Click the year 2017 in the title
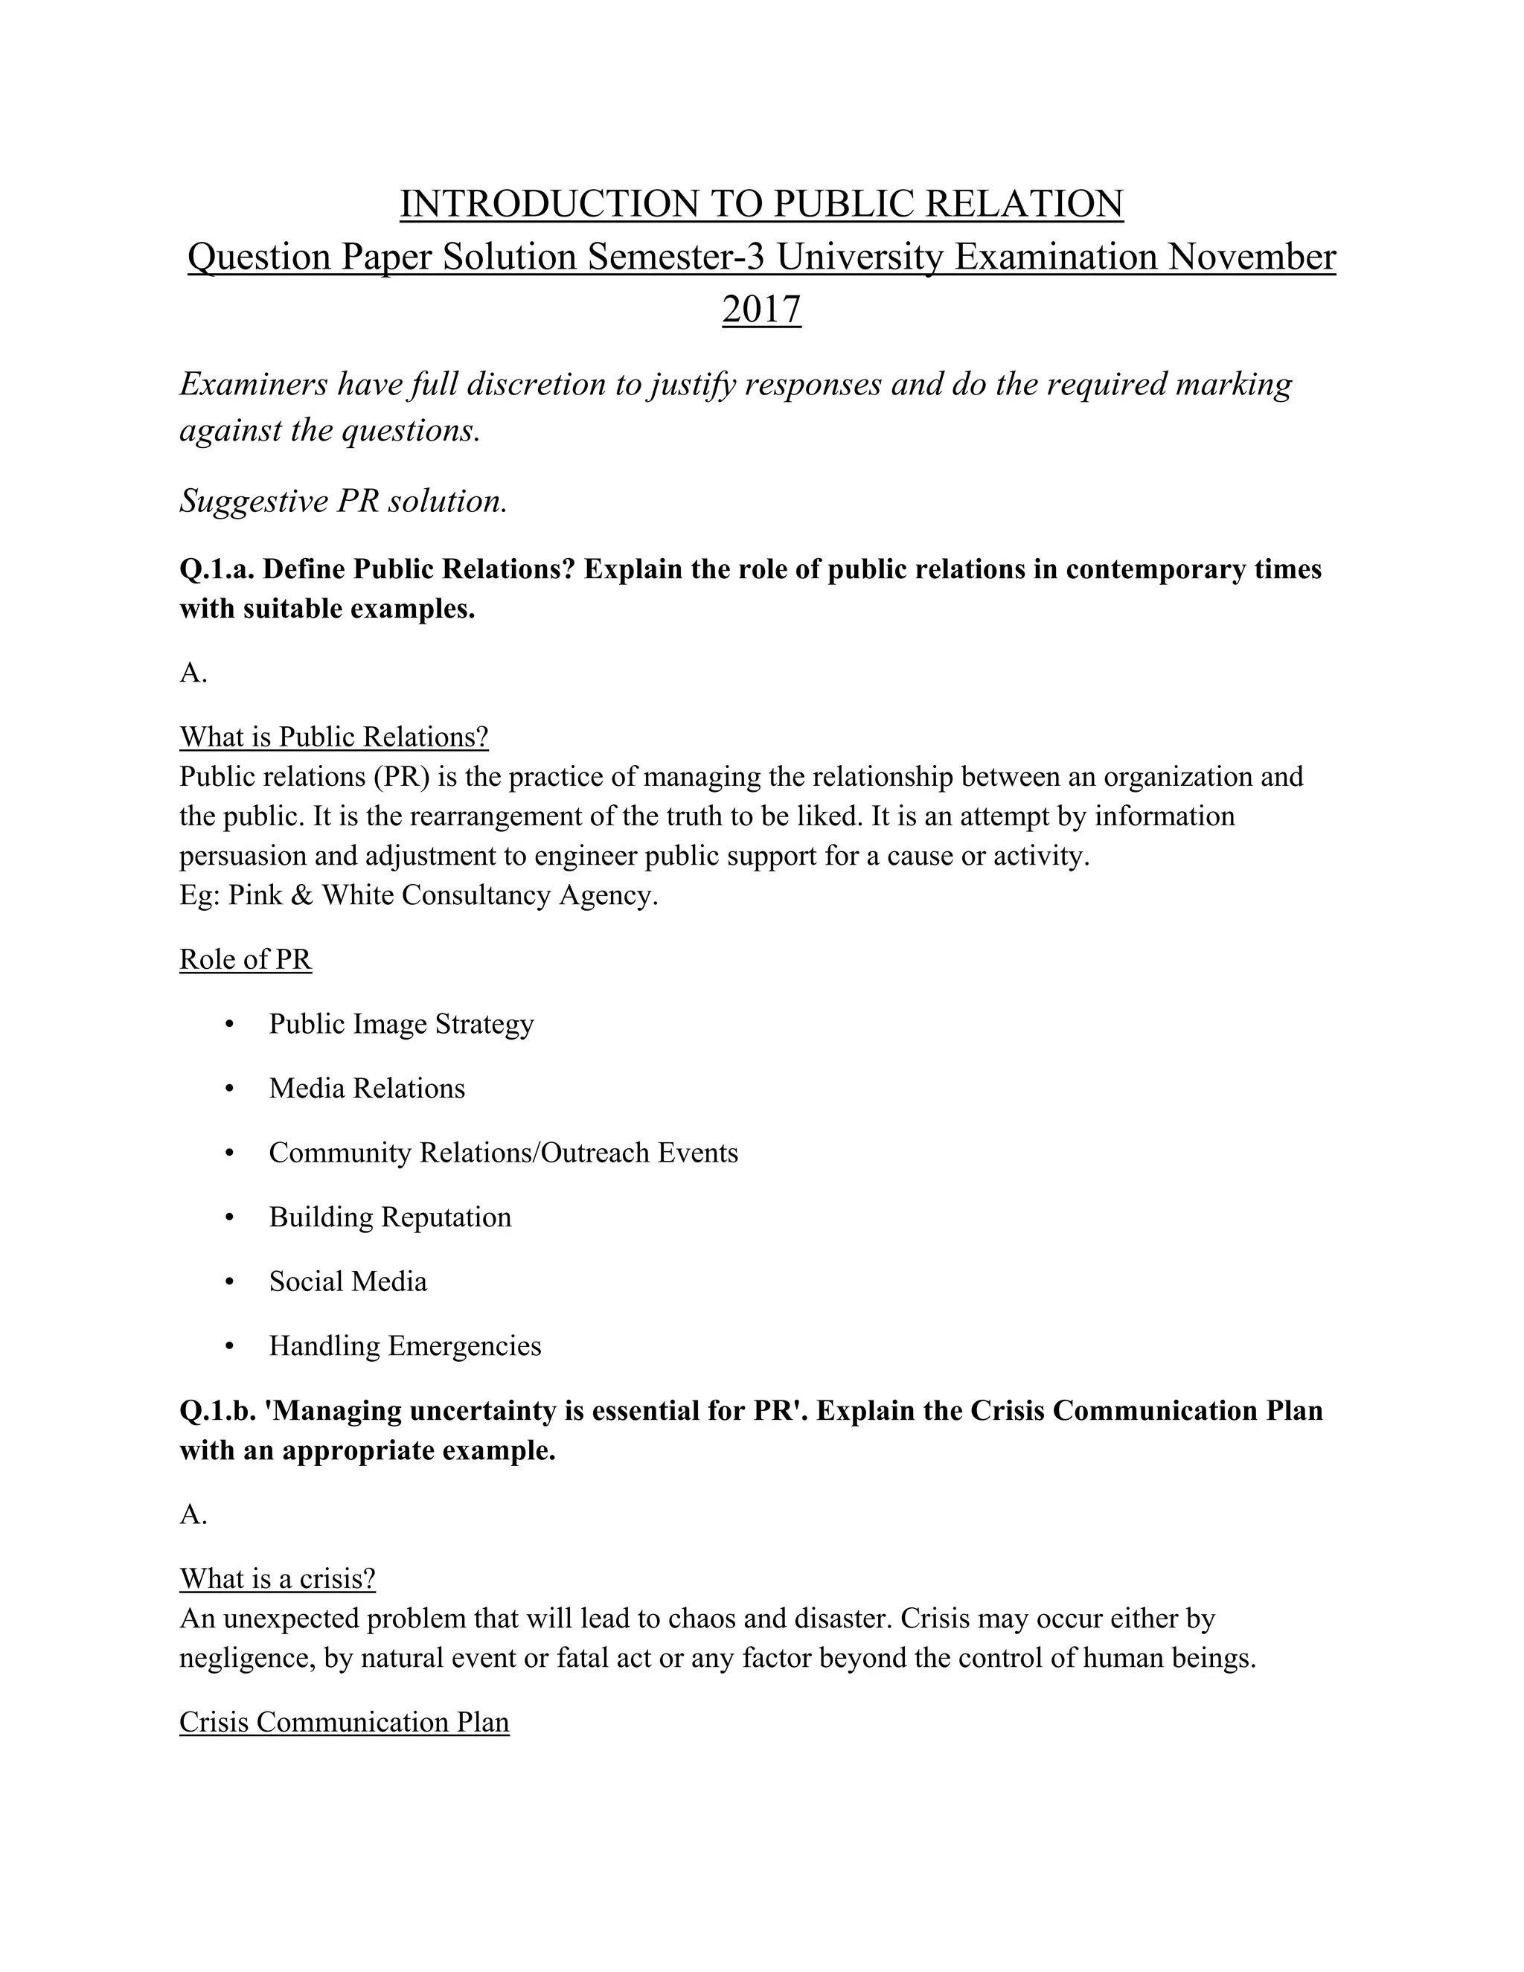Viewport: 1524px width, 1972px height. [x=761, y=310]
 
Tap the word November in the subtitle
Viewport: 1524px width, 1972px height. [x=1252, y=257]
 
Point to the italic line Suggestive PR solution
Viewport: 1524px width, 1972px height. [x=343, y=500]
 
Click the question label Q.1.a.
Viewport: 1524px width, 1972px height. [x=217, y=570]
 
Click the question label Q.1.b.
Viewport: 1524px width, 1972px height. [x=217, y=1410]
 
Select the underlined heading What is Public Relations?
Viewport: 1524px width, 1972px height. [x=334, y=737]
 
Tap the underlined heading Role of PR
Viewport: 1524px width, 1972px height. [x=246, y=959]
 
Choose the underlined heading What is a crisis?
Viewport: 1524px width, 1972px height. [x=277, y=1578]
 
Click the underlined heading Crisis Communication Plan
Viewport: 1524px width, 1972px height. [x=344, y=1722]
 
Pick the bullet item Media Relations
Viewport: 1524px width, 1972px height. [x=367, y=1088]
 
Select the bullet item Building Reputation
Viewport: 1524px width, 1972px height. [x=390, y=1217]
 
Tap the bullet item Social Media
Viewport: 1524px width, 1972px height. [x=348, y=1281]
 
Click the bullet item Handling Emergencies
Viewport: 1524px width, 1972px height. [x=405, y=1345]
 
